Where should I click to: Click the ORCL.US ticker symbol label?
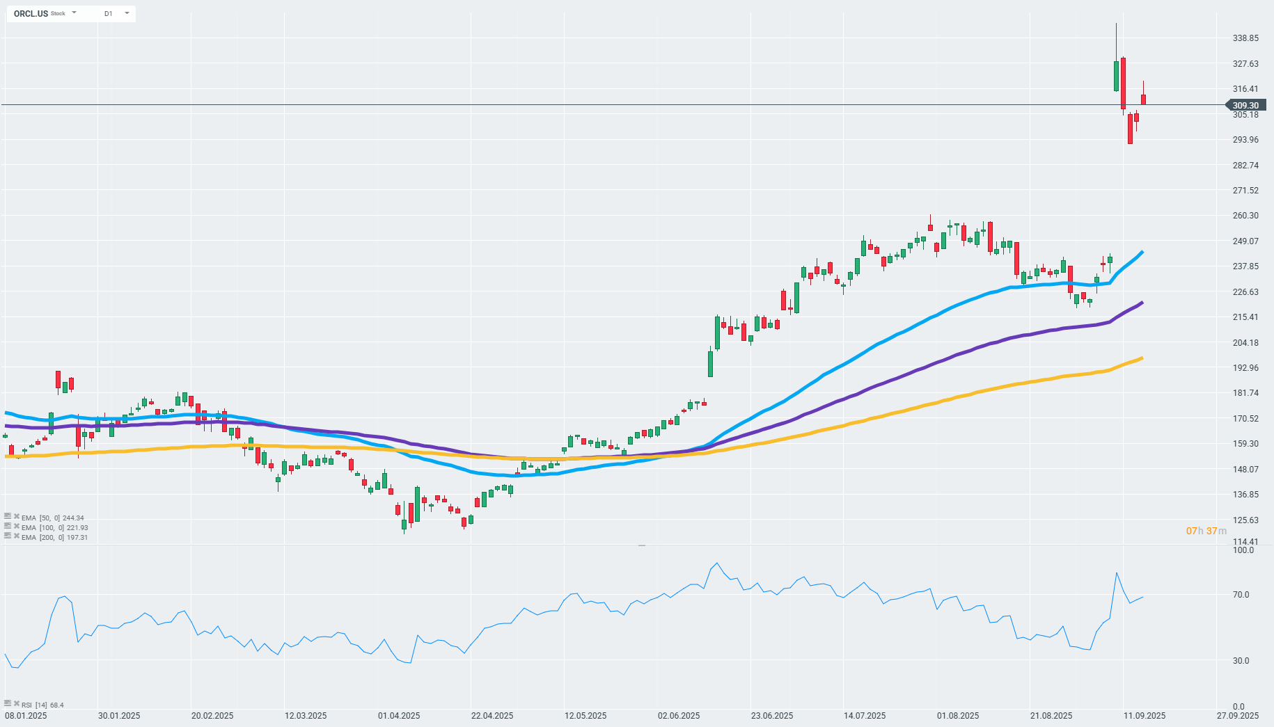coord(31,13)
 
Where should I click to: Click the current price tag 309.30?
coord(1245,106)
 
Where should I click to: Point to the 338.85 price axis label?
coord(1245,38)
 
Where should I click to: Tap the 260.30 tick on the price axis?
coord(1245,216)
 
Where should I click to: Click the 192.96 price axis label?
coord(1245,368)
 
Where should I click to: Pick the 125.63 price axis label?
coord(1245,520)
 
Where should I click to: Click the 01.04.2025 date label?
coord(399,716)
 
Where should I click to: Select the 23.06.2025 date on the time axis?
coord(772,716)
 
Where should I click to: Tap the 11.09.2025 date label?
coord(1145,716)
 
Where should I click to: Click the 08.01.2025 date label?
coord(26,716)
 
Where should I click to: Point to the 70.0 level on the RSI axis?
coord(1241,595)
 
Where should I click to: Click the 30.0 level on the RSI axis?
coord(1241,661)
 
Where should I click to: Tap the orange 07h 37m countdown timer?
coord(1206,531)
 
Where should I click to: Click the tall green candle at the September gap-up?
coord(1117,76)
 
